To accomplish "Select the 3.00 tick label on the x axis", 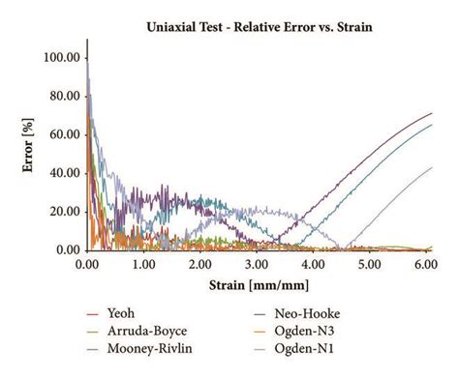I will pyautogui.click(x=258, y=264).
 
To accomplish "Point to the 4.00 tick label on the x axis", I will pyautogui.click(x=314, y=264).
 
